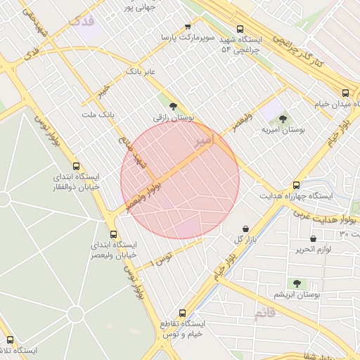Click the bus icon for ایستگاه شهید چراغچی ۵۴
(x=240, y=30)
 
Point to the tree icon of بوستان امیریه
(x=283, y=120)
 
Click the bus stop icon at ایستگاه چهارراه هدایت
(x=295, y=184)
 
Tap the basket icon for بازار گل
(x=245, y=229)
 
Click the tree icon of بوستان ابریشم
(x=297, y=284)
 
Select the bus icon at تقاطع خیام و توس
(x=182, y=312)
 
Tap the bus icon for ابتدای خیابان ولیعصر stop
(x=113, y=234)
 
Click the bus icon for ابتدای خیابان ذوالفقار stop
(x=76, y=167)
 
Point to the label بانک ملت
(x=98, y=114)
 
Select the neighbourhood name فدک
(x=82, y=20)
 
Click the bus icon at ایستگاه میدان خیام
(x=345, y=93)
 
